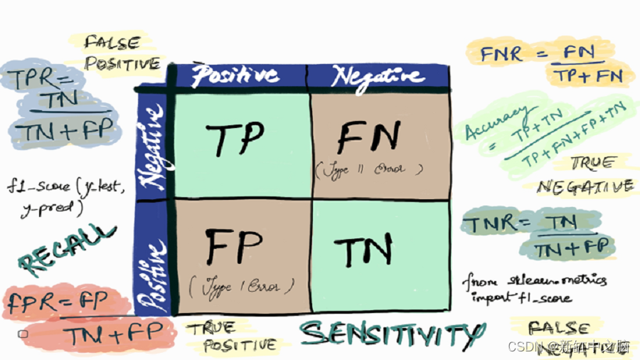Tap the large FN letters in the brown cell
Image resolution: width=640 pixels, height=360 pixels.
(x=368, y=138)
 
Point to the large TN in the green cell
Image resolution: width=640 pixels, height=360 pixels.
(x=363, y=251)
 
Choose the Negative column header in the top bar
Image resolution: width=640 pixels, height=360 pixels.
(x=373, y=75)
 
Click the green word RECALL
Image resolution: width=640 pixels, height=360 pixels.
(x=66, y=250)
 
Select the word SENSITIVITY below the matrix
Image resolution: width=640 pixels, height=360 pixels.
(x=388, y=333)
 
